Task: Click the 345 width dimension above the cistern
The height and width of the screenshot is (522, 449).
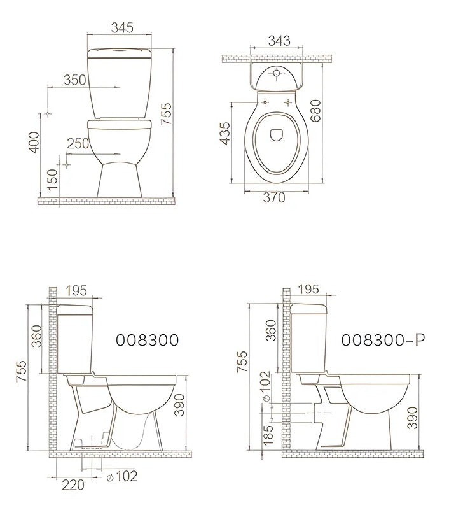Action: [122, 27]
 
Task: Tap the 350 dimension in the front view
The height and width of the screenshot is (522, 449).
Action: [75, 80]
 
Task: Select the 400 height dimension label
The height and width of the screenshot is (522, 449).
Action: [34, 143]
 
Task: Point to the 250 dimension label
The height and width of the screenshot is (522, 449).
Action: [78, 143]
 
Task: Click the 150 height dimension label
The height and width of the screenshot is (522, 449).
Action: [53, 180]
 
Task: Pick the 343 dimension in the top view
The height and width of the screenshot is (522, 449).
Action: [279, 41]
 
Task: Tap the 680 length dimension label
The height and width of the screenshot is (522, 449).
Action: [315, 111]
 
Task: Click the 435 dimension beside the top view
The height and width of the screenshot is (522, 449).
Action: [225, 134]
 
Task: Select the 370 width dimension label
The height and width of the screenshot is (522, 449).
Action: [274, 197]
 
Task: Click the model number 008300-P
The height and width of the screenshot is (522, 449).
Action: [383, 340]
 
